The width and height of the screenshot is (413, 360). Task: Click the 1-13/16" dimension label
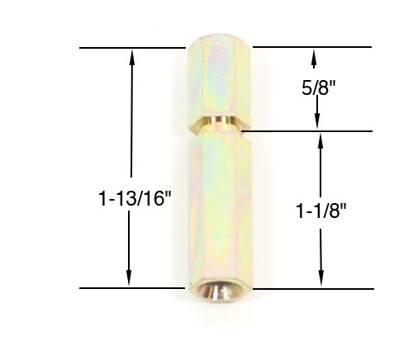coord(129,199)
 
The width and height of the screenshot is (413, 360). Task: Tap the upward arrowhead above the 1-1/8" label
coord(320,139)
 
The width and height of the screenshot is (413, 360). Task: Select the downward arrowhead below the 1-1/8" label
coord(320,281)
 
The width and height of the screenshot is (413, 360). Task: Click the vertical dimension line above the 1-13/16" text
coord(129,124)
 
